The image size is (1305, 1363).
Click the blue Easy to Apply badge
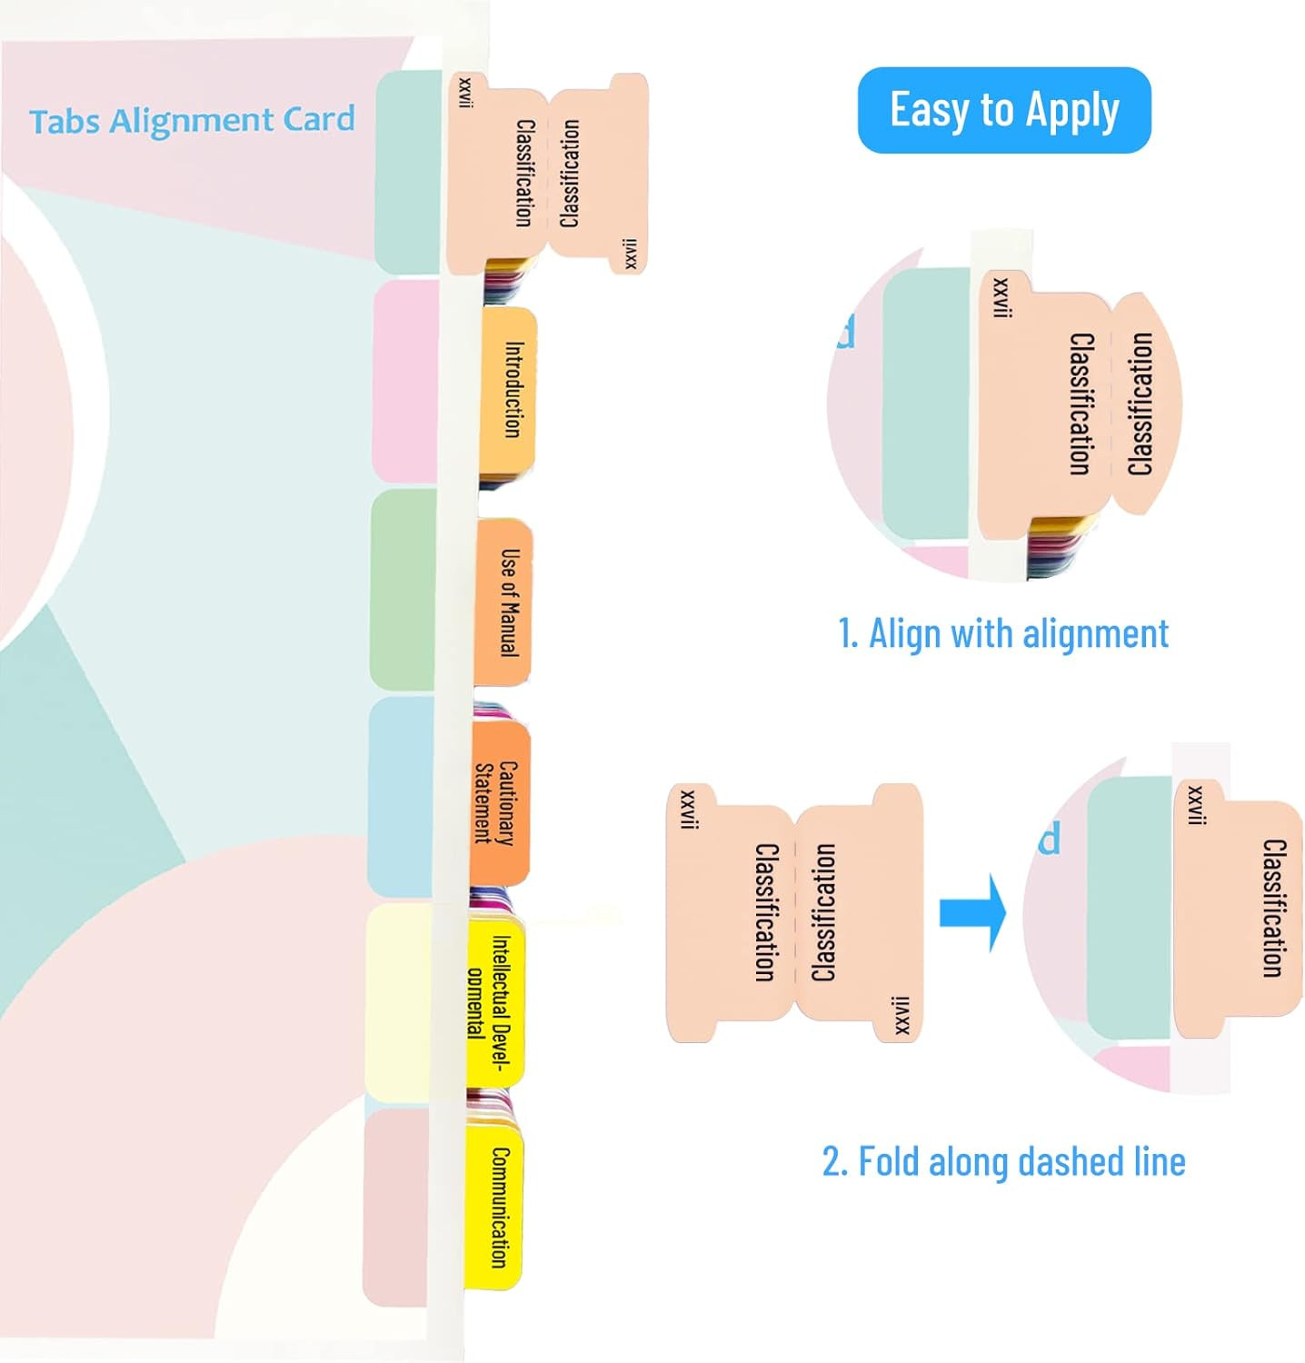(1003, 110)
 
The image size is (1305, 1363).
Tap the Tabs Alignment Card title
(192, 121)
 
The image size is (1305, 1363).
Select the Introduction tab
(510, 391)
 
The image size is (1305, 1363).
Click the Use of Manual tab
(505, 602)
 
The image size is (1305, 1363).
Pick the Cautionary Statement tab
(501, 802)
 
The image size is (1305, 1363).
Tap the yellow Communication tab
(495, 1207)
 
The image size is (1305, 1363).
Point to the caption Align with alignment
(1003, 633)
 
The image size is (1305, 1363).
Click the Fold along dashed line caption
(1003, 1161)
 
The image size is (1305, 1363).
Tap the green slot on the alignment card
(403, 589)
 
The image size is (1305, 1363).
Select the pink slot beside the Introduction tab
(405, 382)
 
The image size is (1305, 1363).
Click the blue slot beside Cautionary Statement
(400, 797)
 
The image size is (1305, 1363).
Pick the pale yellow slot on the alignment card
(397, 1002)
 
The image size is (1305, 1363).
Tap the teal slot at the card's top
(408, 172)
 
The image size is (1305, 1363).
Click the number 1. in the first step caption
(847, 634)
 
